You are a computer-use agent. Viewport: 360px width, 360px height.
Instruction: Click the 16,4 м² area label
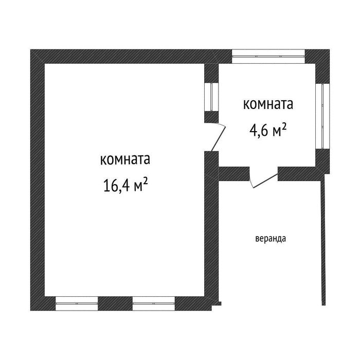click(125, 185)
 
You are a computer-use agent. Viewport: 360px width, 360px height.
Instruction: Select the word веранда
click(271, 239)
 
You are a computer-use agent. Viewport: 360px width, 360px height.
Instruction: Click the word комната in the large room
click(125, 159)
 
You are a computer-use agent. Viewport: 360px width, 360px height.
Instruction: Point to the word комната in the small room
click(268, 104)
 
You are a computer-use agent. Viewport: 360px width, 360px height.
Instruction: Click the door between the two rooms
click(218, 138)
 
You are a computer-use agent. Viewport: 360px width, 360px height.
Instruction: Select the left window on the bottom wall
click(77, 303)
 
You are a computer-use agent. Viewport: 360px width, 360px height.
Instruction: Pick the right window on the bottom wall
click(154, 303)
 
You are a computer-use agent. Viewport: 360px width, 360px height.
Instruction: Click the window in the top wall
click(268, 56)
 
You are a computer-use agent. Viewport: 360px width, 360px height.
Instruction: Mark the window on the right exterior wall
click(322, 116)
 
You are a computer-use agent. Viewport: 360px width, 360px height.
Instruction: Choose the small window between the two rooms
click(211, 97)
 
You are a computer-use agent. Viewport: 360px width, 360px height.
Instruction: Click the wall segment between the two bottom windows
click(115, 303)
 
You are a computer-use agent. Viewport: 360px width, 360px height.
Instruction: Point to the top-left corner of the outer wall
click(30, 49)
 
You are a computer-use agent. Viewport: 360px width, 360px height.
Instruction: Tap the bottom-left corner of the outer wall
click(30, 311)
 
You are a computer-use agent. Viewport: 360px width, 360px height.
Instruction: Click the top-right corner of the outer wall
click(330, 49)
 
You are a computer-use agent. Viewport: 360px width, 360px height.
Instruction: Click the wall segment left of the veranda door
click(234, 174)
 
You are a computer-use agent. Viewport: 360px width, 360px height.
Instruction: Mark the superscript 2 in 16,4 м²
click(145, 182)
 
